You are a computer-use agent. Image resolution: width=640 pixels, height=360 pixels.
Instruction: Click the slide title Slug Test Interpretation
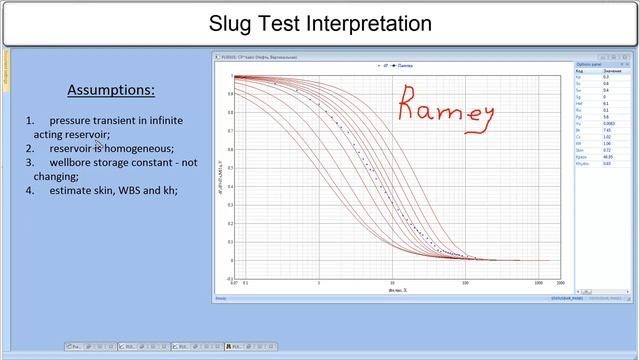(320, 23)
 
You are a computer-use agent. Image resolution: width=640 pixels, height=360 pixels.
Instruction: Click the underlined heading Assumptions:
(110, 90)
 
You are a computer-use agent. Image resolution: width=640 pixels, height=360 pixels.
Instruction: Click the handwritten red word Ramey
(447, 104)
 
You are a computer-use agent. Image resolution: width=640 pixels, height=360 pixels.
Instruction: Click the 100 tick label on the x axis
(465, 283)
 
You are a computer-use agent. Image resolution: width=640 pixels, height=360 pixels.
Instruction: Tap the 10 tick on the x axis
(392, 283)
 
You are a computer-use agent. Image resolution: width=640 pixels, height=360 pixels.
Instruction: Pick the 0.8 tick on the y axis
(229, 113)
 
